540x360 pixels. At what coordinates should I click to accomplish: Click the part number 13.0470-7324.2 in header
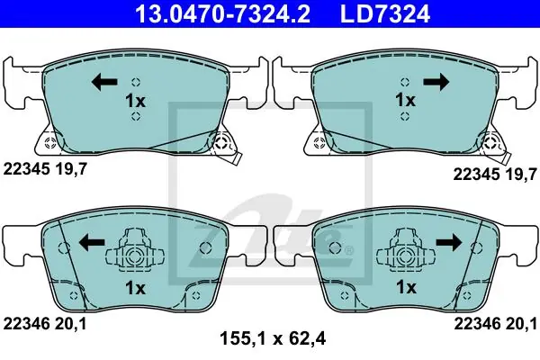(x=223, y=13)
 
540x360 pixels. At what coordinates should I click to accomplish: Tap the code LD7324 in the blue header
(x=385, y=13)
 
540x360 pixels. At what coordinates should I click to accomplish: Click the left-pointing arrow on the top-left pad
(x=104, y=82)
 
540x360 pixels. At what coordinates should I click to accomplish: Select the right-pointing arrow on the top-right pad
(x=436, y=82)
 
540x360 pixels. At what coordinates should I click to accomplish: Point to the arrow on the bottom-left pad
(x=92, y=242)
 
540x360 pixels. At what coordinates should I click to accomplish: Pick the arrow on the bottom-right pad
(x=449, y=242)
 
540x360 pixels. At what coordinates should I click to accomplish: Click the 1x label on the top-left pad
(x=135, y=101)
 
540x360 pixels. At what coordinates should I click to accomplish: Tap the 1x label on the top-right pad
(x=405, y=100)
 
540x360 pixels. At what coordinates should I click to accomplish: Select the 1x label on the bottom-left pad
(x=135, y=288)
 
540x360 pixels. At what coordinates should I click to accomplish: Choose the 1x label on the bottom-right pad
(x=406, y=286)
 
